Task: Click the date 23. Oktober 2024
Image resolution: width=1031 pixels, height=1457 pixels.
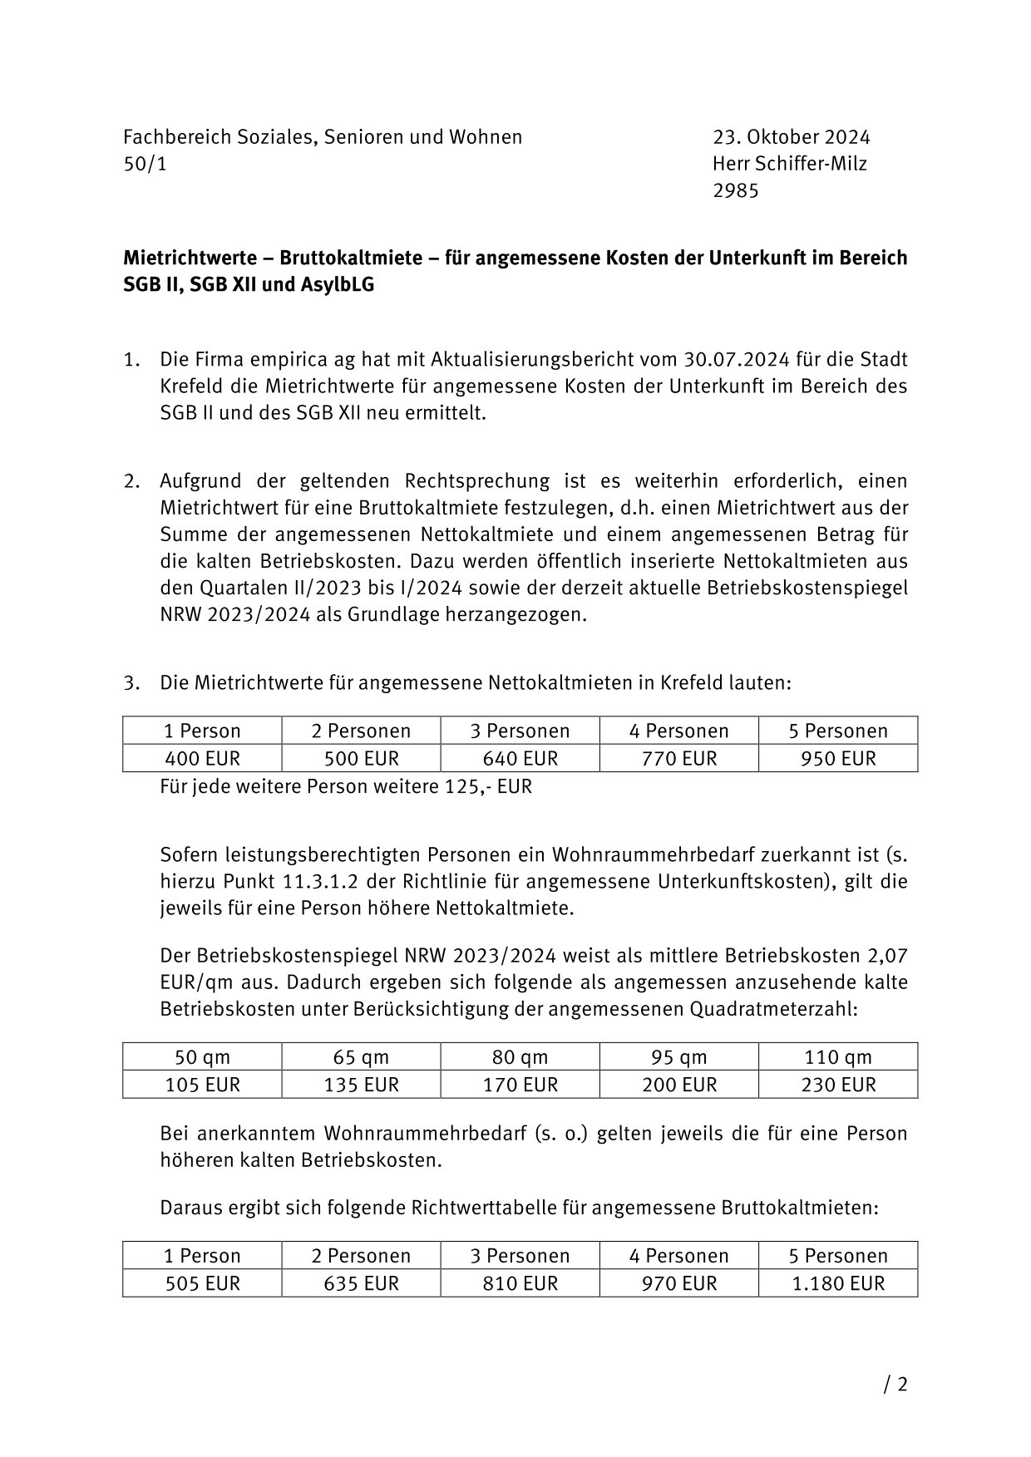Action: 791,137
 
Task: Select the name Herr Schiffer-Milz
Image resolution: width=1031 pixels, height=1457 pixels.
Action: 789,164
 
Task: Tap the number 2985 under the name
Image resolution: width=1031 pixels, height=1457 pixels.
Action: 735,191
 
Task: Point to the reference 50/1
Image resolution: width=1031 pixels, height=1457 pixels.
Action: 145,164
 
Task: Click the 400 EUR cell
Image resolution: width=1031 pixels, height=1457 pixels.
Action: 202,759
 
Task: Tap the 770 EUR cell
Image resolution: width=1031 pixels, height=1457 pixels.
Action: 678,759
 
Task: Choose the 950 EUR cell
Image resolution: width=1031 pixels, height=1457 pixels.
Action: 837,759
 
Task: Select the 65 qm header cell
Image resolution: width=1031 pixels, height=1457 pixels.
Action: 361,1057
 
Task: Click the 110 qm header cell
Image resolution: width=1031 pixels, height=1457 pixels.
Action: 837,1057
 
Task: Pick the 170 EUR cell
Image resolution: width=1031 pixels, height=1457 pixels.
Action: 520,1085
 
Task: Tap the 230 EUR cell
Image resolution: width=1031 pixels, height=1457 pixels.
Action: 837,1085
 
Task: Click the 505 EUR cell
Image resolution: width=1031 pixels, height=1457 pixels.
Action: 202,1283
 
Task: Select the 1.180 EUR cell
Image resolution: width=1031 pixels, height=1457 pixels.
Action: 837,1283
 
